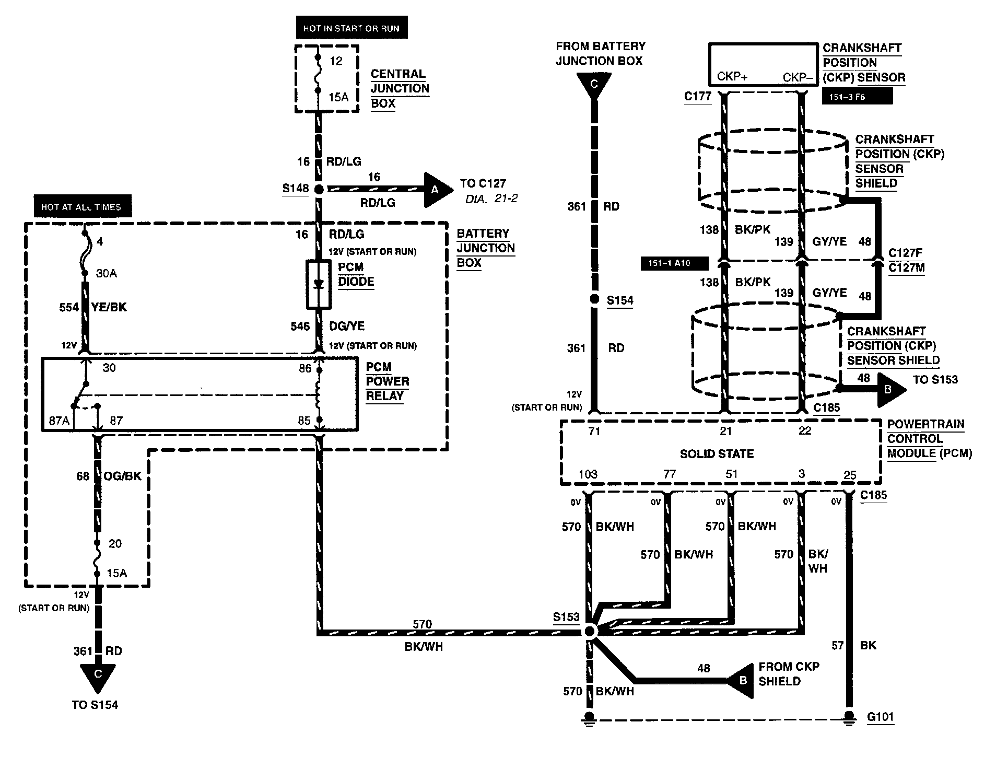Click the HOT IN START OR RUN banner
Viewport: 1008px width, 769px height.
351,28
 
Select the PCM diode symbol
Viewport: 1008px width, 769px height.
318,284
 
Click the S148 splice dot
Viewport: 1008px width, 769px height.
318,189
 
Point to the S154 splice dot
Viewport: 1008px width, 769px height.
594,300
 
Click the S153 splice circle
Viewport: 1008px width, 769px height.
590,631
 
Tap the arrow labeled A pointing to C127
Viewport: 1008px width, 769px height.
438,189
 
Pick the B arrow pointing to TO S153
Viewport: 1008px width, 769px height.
890,390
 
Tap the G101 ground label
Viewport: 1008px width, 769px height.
881,716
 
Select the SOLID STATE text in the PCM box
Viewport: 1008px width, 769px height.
717,454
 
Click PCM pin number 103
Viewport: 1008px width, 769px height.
588,474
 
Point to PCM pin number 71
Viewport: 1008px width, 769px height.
594,431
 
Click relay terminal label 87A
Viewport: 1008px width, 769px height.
59,421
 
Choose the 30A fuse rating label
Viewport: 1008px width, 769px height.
106,273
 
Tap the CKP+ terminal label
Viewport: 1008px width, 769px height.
732,77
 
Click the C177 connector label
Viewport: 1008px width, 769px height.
698,96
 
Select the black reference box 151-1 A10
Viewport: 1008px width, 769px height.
674,263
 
